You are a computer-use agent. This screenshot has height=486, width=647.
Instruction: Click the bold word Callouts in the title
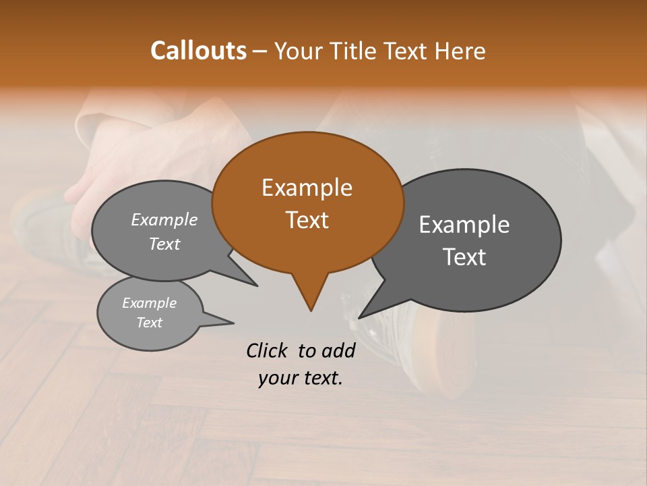[198, 51]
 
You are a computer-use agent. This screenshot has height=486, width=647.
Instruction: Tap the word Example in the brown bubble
[307, 188]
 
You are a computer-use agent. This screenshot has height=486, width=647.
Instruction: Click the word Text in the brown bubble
[307, 220]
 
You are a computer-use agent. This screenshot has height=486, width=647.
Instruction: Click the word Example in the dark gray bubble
[464, 225]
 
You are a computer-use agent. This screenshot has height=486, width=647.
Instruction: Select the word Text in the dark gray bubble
[464, 257]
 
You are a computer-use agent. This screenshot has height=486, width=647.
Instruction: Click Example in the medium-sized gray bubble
[164, 220]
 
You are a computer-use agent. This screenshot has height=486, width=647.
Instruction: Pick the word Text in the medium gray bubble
[164, 244]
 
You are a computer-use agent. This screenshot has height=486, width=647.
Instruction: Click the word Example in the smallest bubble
[149, 303]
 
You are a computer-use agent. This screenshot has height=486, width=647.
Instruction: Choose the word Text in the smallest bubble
[149, 322]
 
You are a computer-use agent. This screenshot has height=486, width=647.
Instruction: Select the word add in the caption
[338, 350]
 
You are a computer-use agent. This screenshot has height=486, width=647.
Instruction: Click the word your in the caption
[278, 378]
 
